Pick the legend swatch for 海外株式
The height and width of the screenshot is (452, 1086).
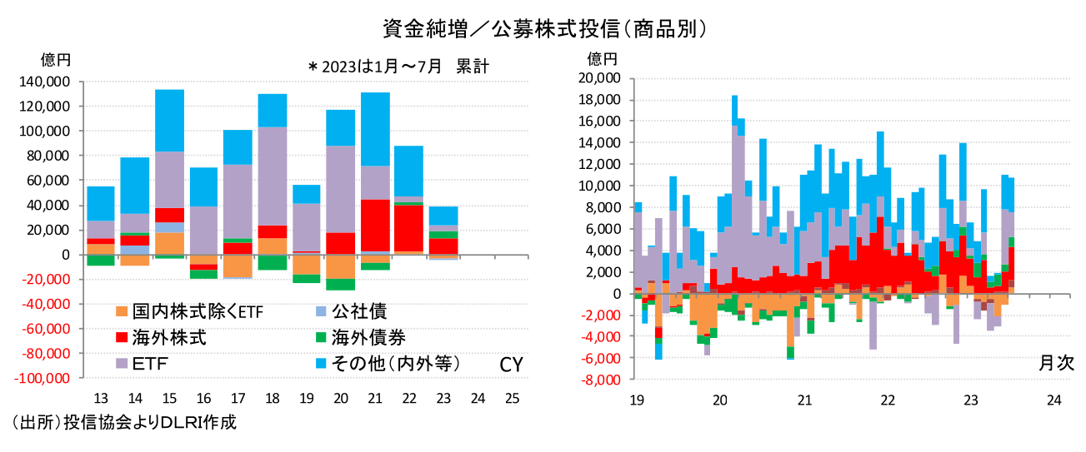click(x=123, y=338)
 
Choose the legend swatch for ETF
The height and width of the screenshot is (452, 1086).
click(x=123, y=364)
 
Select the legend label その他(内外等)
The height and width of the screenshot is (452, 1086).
click(x=396, y=364)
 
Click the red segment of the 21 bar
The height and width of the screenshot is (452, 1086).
click(x=375, y=225)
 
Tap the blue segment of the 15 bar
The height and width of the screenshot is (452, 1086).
click(x=170, y=121)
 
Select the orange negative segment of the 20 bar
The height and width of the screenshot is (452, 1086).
click(x=341, y=266)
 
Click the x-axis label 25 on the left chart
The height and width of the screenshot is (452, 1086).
click(x=512, y=398)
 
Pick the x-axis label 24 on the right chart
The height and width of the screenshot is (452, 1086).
click(x=1054, y=400)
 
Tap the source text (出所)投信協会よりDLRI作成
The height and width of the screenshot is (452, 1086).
click(x=121, y=422)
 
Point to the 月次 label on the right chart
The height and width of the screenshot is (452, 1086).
click(x=1056, y=363)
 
